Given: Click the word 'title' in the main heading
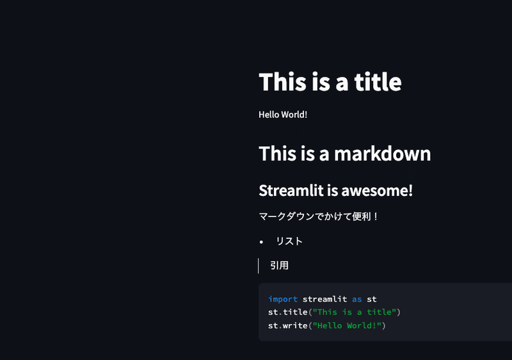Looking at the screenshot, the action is [x=378, y=81].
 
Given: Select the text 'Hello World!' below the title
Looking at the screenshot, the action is [x=283, y=115].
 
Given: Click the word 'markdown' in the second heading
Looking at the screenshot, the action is [x=382, y=153].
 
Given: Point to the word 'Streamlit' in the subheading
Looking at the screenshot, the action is [x=291, y=190].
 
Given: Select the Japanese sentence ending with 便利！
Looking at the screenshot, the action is [x=318, y=217].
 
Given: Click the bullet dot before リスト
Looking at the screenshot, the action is [x=261, y=242].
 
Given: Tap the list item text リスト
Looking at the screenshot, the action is [x=289, y=241].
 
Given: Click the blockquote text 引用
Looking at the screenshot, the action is [x=280, y=265].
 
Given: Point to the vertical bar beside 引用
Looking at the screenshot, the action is [x=259, y=266].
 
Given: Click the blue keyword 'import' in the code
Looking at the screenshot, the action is [x=283, y=299].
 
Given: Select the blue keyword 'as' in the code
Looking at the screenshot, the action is [x=357, y=299].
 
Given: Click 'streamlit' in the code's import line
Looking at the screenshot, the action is [x=325, y=299].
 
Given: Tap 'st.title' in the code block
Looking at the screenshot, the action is [x=287, y=312].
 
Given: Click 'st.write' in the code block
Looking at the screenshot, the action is [x=287, y=325].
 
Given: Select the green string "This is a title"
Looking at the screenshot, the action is [x=355, y=312].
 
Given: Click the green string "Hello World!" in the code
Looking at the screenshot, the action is [x=347, y=325].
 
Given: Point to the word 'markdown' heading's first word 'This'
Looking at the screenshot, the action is [x=278, y=153].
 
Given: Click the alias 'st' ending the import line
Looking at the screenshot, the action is [x=372, y=299].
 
